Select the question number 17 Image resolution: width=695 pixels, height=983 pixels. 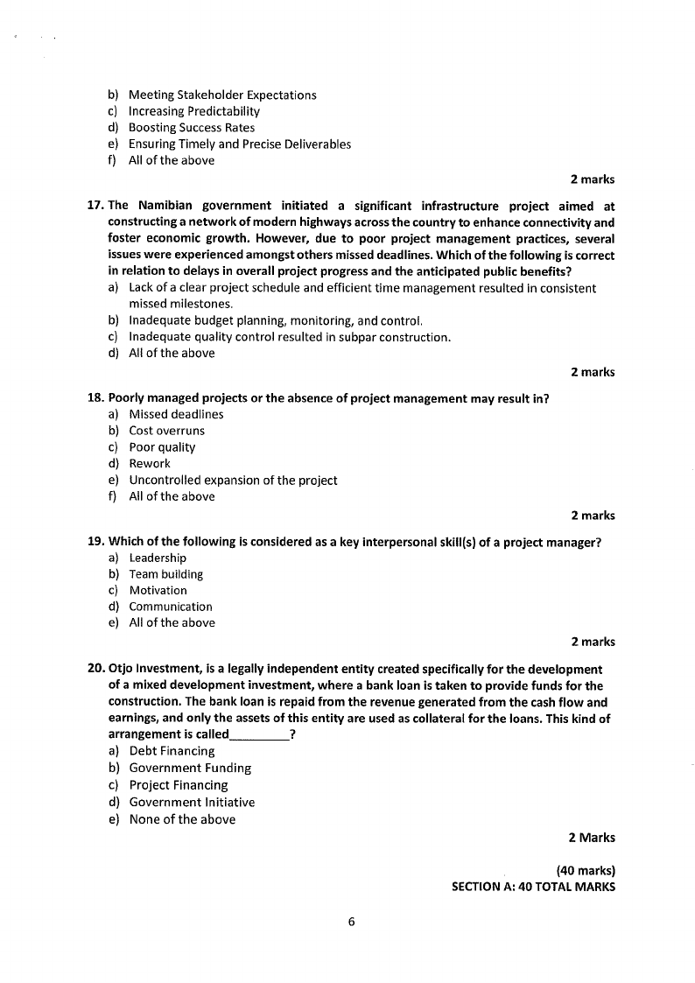click(x=96, y=207)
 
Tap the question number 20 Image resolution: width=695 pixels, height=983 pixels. click(x=96, y=669)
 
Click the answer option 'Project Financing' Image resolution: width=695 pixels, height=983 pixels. click(x=178, y=785)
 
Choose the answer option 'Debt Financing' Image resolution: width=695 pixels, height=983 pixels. click(x=172, y=751)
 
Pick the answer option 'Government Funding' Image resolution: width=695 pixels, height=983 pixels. click(x=190, y=768)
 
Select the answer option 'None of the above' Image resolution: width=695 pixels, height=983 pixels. click(x=182, y=819)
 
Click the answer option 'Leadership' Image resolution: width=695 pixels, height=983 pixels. click(x=158, y=558)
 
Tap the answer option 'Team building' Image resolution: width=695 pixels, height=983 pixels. click(x=165, y=574)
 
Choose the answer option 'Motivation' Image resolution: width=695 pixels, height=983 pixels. click(x=158, y=591)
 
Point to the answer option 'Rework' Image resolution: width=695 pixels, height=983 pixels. click(x=150, y=464)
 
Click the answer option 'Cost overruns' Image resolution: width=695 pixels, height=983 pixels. click(x=166, y=431)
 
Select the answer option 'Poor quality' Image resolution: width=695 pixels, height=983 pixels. click(x=162, y=447)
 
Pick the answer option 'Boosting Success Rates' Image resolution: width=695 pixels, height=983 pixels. click(x=192, y=128)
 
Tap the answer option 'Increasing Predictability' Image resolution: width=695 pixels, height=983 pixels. click(x=193, y=111)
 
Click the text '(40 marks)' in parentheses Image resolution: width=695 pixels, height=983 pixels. click(x=586, y=870)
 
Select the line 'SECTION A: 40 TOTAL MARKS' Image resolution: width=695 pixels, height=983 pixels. click(x=533, y=887)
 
